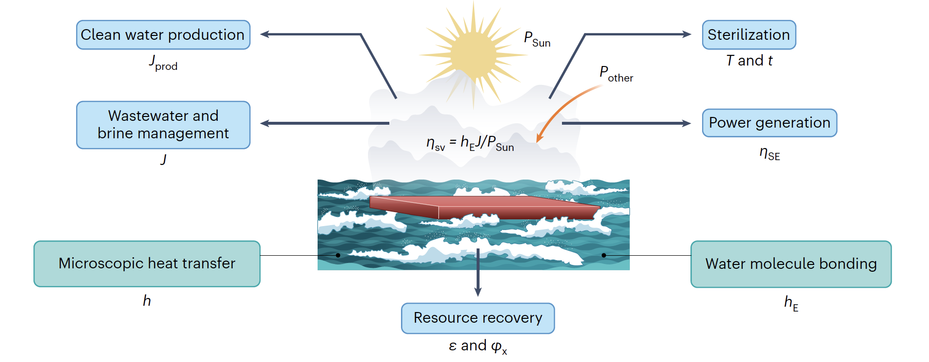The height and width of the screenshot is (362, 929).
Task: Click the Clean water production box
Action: (163, 35)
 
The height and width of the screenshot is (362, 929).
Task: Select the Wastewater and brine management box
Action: (163, 125)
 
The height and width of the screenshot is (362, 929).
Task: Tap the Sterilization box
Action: (749, 35)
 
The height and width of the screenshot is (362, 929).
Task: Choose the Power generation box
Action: (769, 123)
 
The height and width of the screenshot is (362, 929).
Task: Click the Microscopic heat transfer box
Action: (147, 263)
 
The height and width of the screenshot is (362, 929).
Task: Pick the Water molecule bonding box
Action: (791, 264)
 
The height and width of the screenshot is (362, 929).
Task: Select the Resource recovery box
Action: (478, 318)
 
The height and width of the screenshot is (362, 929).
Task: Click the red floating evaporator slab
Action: (485, 207)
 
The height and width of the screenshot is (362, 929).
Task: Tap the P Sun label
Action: (537, 39)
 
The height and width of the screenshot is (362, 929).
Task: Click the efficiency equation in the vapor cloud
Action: (470, 143)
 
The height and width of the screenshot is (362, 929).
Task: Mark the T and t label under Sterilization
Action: (749, 61)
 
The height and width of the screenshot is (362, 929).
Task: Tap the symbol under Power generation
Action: (769, 154)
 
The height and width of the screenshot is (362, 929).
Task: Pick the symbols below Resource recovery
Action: (478, 346)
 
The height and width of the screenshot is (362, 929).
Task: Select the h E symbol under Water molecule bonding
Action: (791, 303)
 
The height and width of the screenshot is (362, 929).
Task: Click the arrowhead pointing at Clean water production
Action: (265, 34)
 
